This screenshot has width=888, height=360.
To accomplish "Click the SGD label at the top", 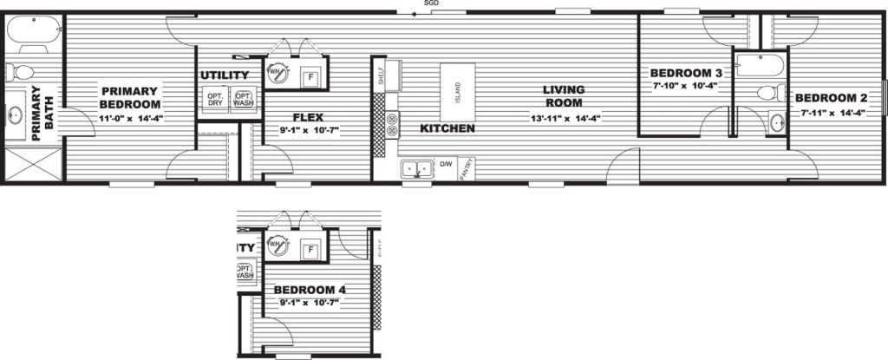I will tap(430, 3).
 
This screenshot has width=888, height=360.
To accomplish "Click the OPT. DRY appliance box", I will tap(215, 98).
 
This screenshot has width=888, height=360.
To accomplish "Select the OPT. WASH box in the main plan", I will tap(244, 98).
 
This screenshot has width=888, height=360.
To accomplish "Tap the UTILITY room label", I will tap(225, 75).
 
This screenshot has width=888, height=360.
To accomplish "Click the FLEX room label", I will tap(309, 116).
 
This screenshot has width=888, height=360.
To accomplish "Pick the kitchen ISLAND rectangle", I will tap(459, 92).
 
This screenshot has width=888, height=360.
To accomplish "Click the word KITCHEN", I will tap(447, 129).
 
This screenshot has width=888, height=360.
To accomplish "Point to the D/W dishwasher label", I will tap(447, 163).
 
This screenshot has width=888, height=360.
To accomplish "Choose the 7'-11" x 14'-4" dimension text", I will tap(828, 112).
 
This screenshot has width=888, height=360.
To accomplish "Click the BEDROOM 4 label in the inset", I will tap(310, 290).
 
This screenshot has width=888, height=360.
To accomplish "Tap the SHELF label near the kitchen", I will tap(381, 76).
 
